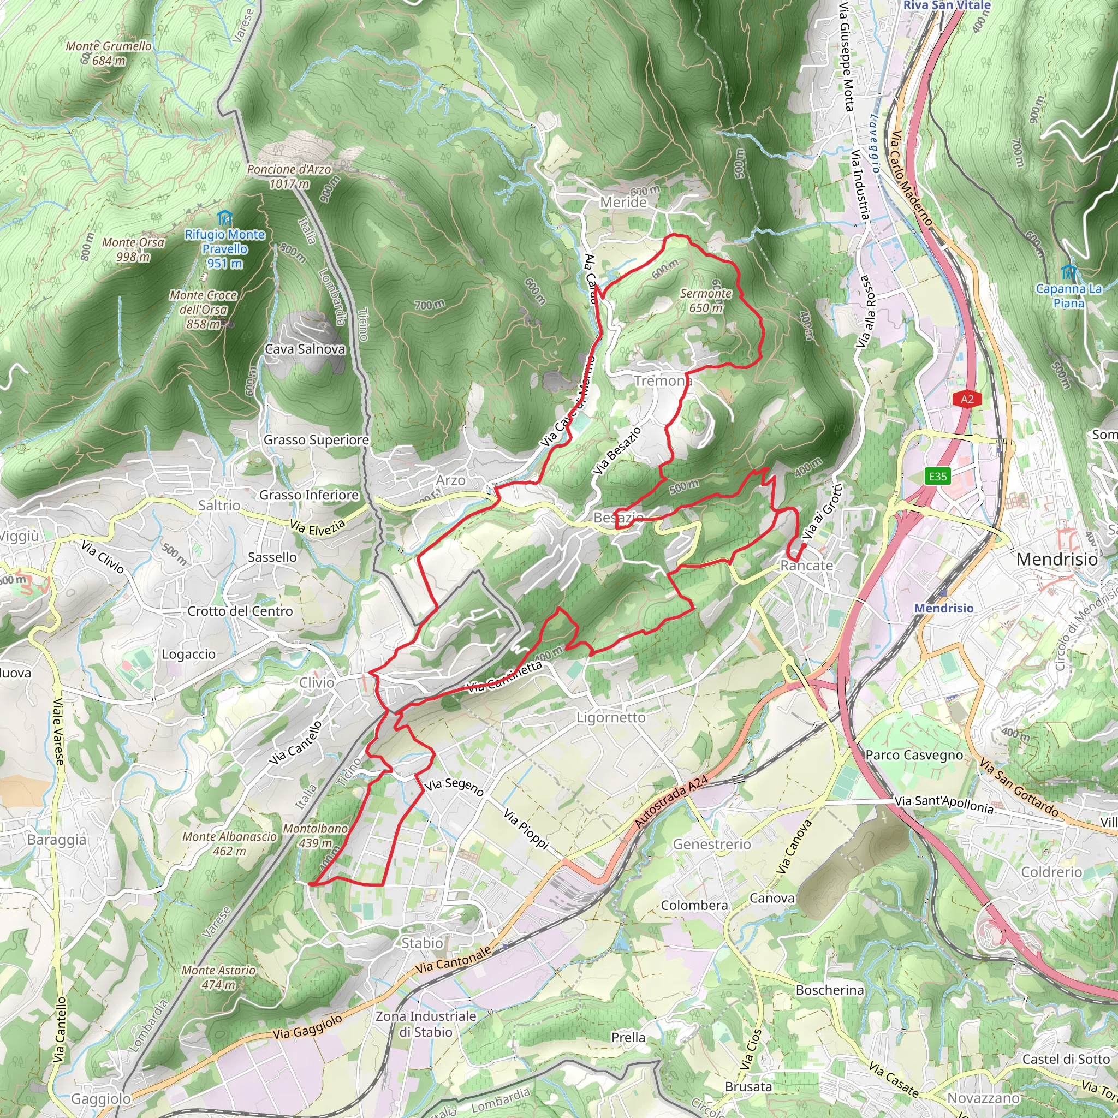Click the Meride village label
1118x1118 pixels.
623,202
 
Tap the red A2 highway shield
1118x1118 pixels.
967,399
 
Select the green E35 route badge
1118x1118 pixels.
937,476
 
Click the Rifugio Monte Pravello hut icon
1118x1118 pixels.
224,218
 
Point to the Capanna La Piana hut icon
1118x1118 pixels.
1068,271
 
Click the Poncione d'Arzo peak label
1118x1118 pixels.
289,176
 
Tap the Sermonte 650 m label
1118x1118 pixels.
705,300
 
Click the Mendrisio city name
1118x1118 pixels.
1057,560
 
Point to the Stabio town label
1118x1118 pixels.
423,943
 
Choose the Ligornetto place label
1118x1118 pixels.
610,717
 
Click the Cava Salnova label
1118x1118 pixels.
305,349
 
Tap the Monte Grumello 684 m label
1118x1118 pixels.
109,52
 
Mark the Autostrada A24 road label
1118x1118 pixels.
671,802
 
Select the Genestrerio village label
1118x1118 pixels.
712,845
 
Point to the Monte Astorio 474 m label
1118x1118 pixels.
218,977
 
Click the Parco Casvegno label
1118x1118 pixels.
914,755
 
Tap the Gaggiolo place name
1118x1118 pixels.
102,1098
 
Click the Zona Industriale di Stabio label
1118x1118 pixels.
426,1024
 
